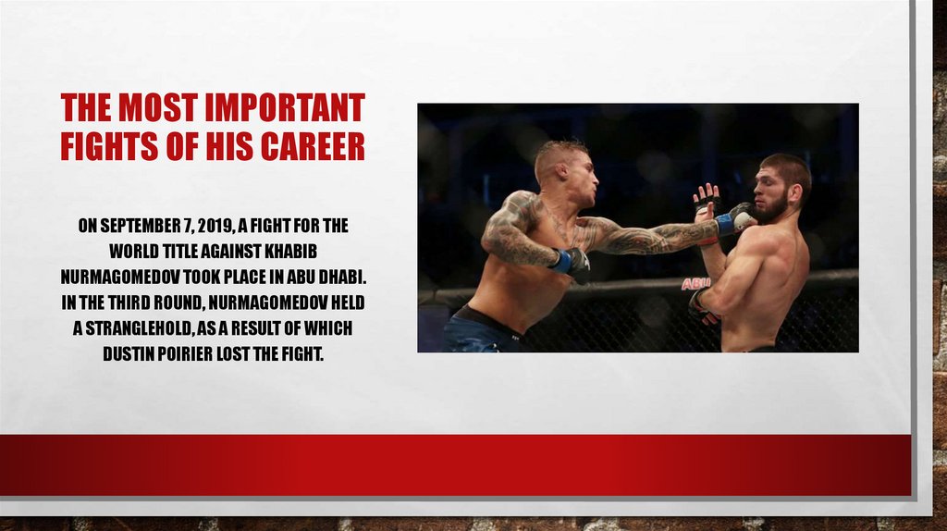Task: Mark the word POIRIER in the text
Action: [198, 354]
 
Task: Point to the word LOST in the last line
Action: [255, 354]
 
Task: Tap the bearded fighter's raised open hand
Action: [707, 198]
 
